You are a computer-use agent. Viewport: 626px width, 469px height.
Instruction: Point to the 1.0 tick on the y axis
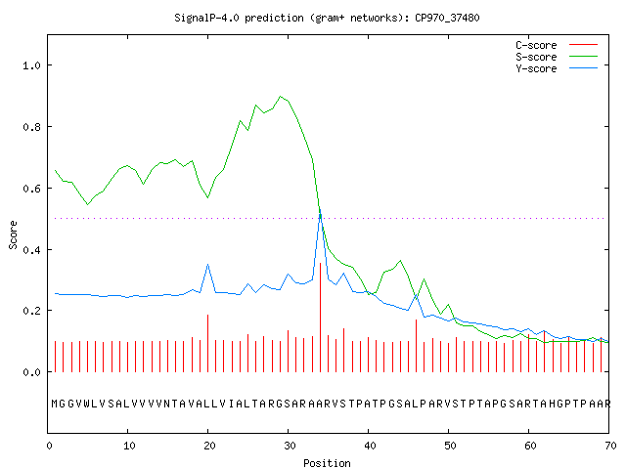point(31,65)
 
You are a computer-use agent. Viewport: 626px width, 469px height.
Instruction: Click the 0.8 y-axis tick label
point(31,127)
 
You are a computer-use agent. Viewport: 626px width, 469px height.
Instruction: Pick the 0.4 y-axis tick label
point(31,250)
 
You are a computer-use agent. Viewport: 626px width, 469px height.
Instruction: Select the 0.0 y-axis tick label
point(31,372)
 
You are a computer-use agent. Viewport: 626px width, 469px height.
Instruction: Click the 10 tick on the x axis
point(129,446)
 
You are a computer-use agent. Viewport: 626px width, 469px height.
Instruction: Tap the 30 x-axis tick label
point(290,446)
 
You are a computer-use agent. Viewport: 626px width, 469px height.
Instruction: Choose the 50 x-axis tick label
point(450,446)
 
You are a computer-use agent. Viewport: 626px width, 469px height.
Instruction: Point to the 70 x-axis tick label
point(610,446)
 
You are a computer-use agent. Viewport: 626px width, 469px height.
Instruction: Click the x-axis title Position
point(327,463)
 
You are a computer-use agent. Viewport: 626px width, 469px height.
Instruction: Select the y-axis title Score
point(13,234)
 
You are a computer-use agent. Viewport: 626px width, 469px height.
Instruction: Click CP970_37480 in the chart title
point(447,18)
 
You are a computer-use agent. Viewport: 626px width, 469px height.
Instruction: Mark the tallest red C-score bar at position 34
point(320,318)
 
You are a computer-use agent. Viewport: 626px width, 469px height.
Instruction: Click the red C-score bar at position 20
point(207,343)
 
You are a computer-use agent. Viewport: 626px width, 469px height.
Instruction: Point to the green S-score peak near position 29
point(281,96)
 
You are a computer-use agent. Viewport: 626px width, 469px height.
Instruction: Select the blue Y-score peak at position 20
point(207,265)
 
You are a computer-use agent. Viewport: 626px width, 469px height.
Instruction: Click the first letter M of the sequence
point(55,404)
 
